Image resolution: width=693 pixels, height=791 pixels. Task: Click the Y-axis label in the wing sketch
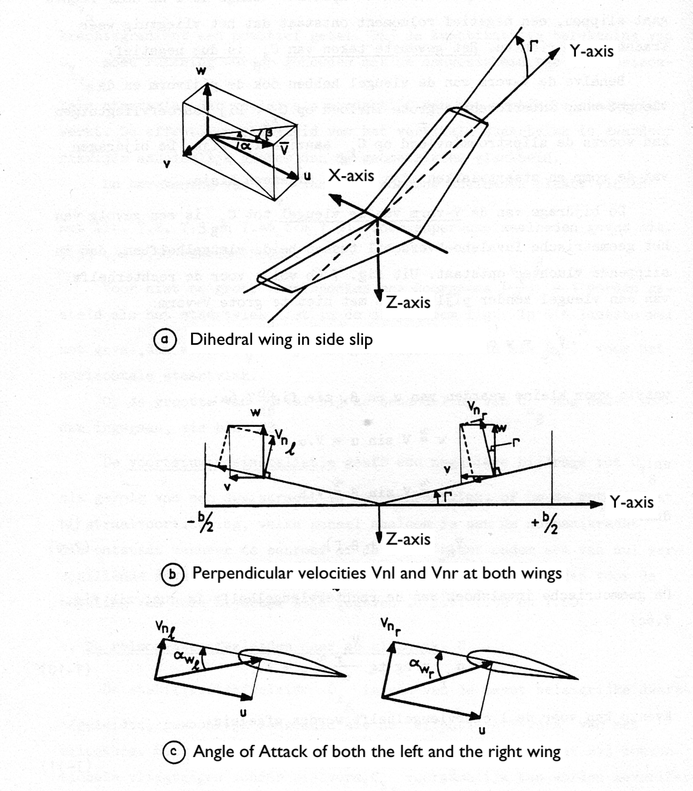click(591, 52)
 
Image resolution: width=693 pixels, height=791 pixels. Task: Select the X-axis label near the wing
click(351, 176)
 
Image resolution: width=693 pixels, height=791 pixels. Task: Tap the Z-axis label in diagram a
click(408, 302)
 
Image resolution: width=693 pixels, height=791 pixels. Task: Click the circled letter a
click(164, 339)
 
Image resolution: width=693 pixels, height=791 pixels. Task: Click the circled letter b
click(173, 574)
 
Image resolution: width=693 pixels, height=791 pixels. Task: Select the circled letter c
click(173, 752)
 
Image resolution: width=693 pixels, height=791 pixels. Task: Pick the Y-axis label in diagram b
click(632, 502)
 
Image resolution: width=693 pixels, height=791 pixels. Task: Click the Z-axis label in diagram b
click(408, 538)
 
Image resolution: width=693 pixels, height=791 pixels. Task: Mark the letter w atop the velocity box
click(201, 71)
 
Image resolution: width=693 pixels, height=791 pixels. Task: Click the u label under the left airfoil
click(243, 712)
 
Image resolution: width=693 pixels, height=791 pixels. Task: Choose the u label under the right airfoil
click(481, 730)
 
